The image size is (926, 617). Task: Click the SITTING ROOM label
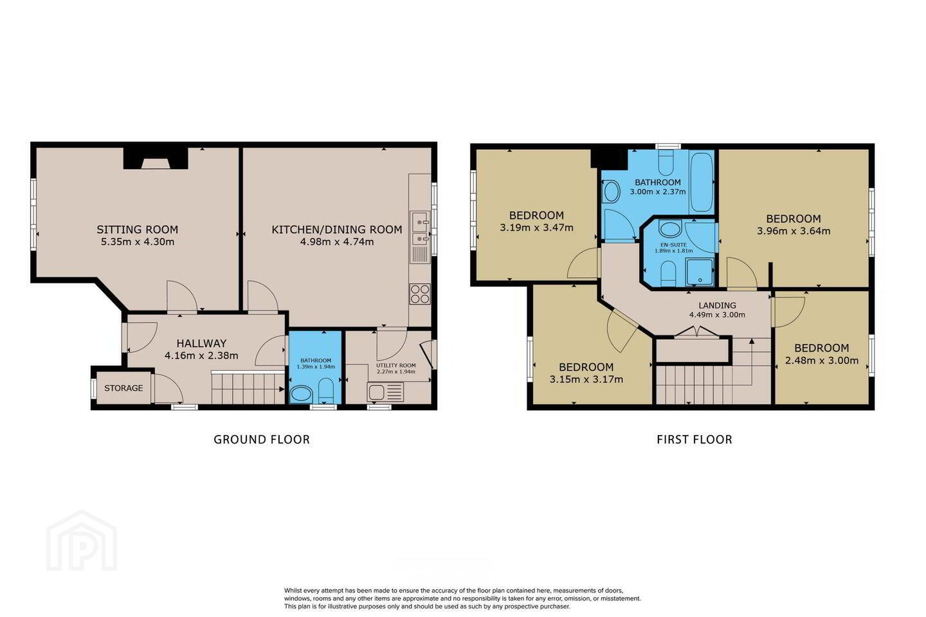pos(137,229)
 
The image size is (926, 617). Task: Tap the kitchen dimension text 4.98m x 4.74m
pos(337,242)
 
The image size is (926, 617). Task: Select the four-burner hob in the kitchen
pos(419,294)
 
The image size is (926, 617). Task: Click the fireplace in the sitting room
pos(156,158)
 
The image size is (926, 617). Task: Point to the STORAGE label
pos(123,388)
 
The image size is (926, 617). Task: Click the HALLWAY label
pos(201,343)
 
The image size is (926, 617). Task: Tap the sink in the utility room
pos(385,392)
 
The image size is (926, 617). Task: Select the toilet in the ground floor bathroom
pos(326,390)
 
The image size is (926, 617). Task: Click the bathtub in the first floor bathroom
pos(702,182)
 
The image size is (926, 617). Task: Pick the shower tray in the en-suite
pos(700,273)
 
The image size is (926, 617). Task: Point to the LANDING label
pos(717,305)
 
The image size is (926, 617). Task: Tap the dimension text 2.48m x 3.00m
pos(821,361)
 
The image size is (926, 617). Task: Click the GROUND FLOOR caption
pos(262,440)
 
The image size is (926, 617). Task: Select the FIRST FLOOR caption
pos(694,440)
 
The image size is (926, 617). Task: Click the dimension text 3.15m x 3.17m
pos(586,379)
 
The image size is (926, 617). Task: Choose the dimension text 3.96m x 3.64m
pos(794,231)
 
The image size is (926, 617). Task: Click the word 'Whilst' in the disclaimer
pos(292,591)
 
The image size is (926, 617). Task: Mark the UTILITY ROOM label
pos(395,365)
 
